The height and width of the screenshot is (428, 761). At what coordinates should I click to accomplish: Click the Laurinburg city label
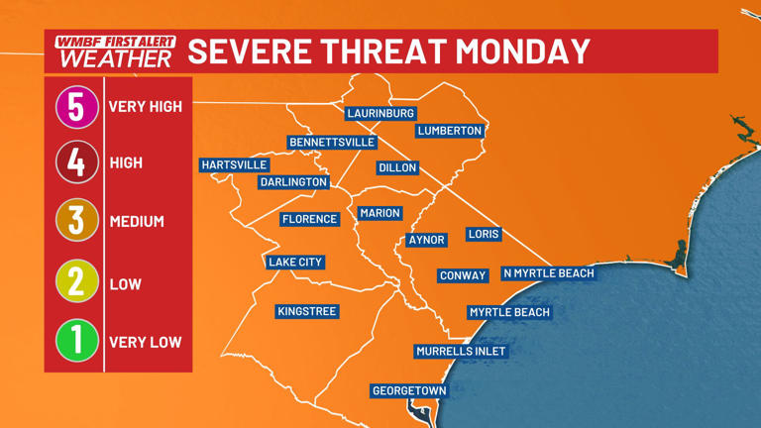pyautogui.click(x=380, y=114)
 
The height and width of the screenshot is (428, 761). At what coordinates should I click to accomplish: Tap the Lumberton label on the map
pyautogui.click(x=450, y=131)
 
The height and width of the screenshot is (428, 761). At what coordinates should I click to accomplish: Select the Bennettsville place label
pyautogui.click(x=331, y=143)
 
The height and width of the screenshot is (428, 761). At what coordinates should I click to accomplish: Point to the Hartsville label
pyautogui.click(x=234, y=165)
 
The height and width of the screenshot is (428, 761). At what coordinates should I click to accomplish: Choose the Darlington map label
pyautogui.click(x=293, y=182)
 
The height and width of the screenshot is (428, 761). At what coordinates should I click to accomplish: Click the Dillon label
pyautogui.click(x=397, y=168)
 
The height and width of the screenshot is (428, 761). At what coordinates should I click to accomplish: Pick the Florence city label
pyautogui.click(x=310, y=219)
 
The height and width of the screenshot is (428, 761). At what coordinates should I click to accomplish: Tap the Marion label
pyautogui.click(x=380, y=213)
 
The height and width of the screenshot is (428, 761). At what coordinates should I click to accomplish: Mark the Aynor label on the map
pyautogui.click(x=427, y=240)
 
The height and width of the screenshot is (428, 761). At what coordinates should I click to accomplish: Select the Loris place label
pyautogui.click(x=484, y=234)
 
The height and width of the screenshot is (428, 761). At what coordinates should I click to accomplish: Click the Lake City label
pyautogui.click(x=295, y=263)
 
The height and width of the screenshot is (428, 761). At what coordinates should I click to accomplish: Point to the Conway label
pyautogui.click(x=463, y=275)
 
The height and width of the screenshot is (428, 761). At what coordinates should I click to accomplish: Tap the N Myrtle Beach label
pyautogui.click(x=549, y=273)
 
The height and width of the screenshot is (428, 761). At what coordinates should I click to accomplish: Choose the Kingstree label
pyautogui.click(x=307, y=311)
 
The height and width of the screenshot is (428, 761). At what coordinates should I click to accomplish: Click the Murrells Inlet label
pyautogui.click(x=461, y=351)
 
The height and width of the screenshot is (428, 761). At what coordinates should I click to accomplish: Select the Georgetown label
pyautogui.click(x=409, y=391)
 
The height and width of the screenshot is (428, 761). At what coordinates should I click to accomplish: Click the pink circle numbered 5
pyautogui.click(x=76, y=106)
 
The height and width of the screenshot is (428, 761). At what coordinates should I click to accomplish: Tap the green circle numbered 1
pyautogui.click(x=76, y=342)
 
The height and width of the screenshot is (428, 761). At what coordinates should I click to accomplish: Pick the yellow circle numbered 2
pyautogui.click(x=76, y=283)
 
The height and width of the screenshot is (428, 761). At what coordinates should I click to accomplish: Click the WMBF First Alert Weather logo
pyautogui.click(x=115, y=52)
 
